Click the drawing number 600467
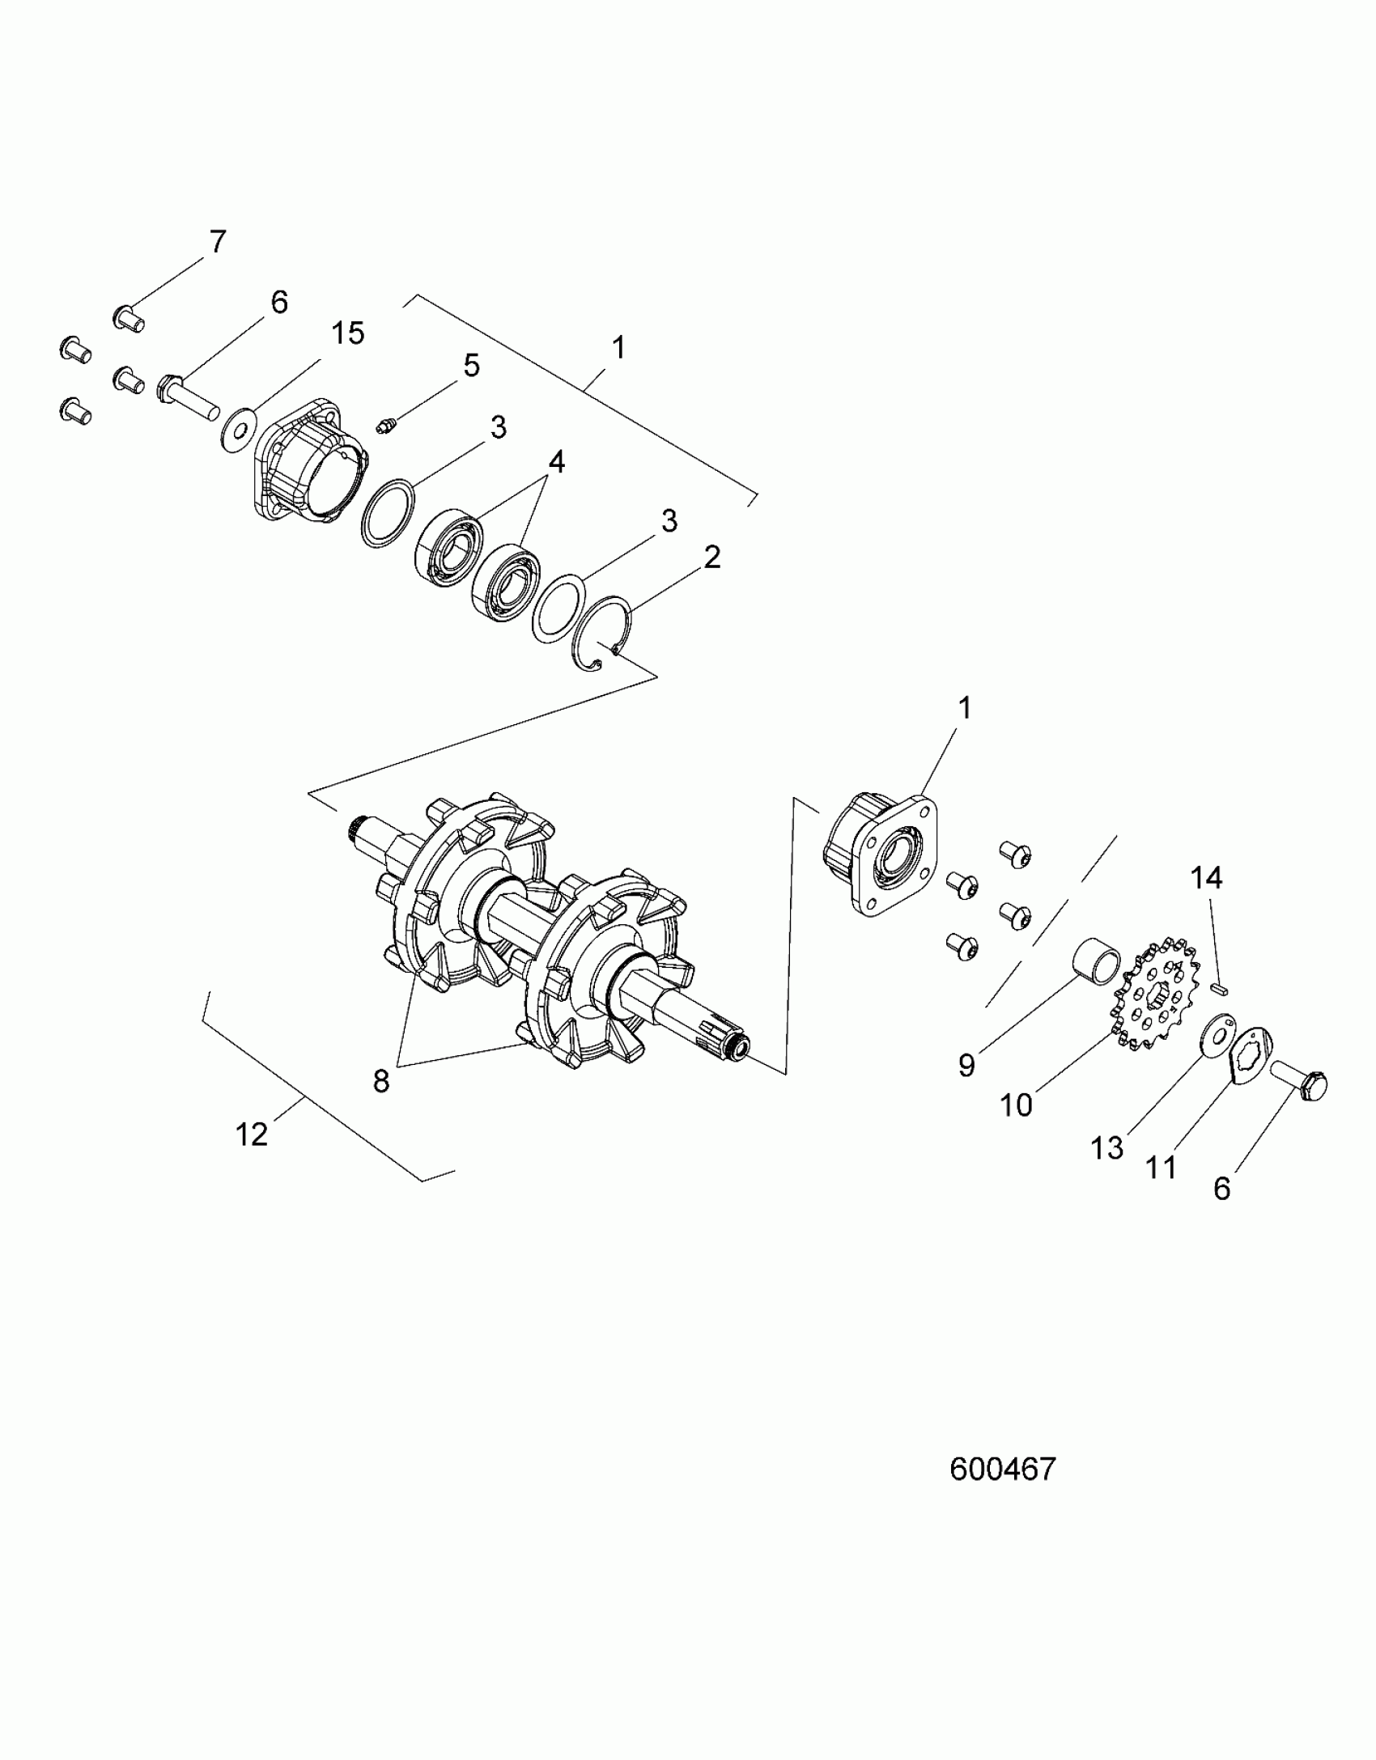coord(1003,1469)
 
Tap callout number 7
coord(217,242)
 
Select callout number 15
coord(348,333)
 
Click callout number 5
coord(471,366)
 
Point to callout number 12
coord(252,1134)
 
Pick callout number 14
coord(1206,878)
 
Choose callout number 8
coord(381,1081)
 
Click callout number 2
coord(711,558)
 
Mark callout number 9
coord(966,1066)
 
